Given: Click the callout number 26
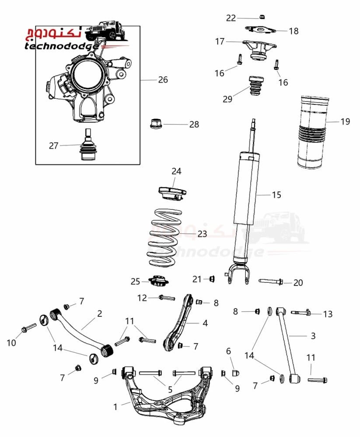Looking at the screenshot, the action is coord(163,80).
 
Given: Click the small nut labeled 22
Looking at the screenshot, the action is coord(262,17).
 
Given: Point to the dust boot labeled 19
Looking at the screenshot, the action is coord(312,132).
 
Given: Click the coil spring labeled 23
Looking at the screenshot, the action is coord(164,237).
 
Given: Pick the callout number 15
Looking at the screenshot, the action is coord(276,195).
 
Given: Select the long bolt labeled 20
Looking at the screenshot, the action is coord(271,281).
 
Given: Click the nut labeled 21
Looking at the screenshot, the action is coord(212,278).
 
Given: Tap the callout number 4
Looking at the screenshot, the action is coord(205,323).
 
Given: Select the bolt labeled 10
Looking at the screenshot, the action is coord(29,327).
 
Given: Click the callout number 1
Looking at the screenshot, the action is coord(115,407).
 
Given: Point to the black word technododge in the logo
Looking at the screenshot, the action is coord(61,46).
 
